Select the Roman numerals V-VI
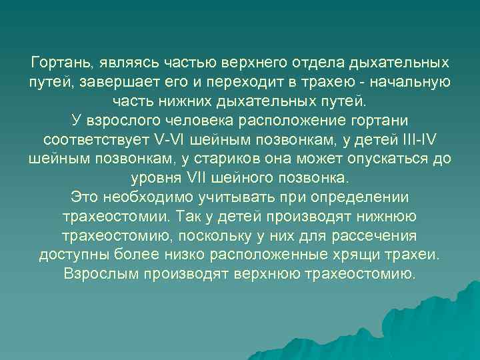pos(173,141)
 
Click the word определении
pos(356,199)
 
